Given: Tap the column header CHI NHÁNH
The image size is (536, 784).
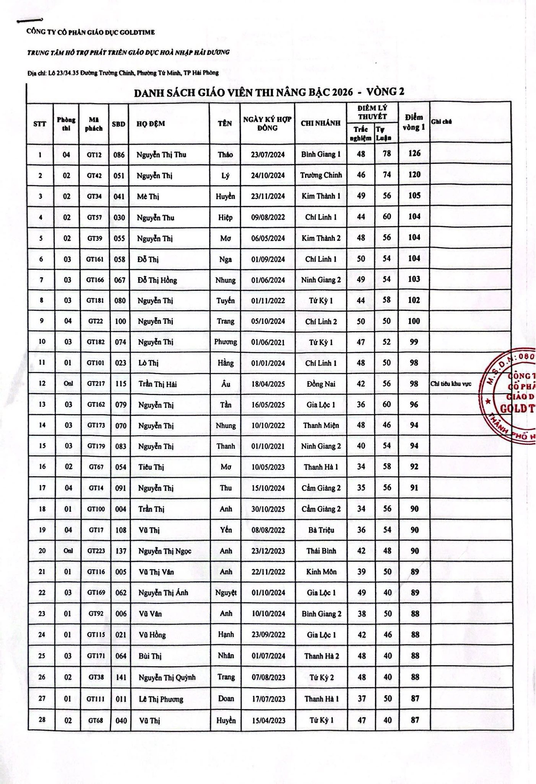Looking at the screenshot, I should pos(320,123).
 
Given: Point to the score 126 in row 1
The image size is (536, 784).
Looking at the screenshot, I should pos(414,154).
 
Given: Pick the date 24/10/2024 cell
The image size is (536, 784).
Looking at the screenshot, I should pos(268,175).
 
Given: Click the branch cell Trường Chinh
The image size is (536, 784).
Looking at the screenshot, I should pos(321,175).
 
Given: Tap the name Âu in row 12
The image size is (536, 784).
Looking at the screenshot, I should pos(226,384).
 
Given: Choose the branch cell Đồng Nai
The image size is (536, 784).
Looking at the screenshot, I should pos(321,384).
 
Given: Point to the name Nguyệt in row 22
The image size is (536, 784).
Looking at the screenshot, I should pos(226,593).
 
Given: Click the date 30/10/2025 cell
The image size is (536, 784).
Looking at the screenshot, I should pos(268,509).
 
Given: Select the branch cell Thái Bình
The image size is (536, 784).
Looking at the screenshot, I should pos(321,551).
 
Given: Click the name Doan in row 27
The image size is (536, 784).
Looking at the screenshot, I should pos(226,699).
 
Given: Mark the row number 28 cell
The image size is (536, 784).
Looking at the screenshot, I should pos(42,720).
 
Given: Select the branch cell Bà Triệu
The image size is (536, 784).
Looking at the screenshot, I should pos(321,530).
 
